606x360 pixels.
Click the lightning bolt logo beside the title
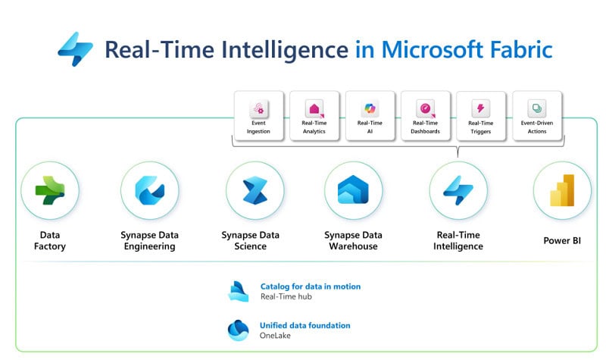[x=75, y=49]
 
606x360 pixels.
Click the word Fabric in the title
[x=521, y=49]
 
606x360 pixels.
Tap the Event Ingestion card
[x=258, y=116]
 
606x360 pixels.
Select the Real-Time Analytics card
[x=314, y=116]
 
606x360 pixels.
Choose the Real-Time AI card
[x=370, y=116]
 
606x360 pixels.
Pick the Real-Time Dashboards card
[x=425, y=116]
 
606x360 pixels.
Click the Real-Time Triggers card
[x=481, y=116]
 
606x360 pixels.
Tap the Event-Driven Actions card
[x=537, y=116]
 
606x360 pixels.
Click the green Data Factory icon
[x=50, y=190]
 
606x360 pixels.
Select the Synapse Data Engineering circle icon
[x=149, y=190]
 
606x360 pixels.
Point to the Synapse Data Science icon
[x=255, y=190]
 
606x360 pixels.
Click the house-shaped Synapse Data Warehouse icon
[x=353, y=190]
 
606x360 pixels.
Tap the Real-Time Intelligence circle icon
[x=458, y=190]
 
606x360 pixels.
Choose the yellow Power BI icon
[x=562, y=190]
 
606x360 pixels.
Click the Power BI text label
[x=562, y=240]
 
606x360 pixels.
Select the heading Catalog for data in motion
[x=311, y=286]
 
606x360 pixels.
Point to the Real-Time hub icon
[x=238, y=291]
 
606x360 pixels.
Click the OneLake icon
[x=238, y=330]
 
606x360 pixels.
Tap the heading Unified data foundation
[x=305, y=326]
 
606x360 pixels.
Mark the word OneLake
[x=275, y=336]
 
